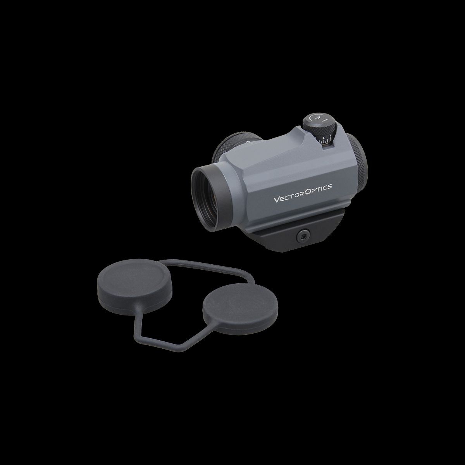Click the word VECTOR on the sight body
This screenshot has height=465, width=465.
coord(289,199)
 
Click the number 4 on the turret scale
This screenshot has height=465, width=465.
coord(324,137)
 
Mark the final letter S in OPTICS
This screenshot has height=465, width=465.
coord(330,187)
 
